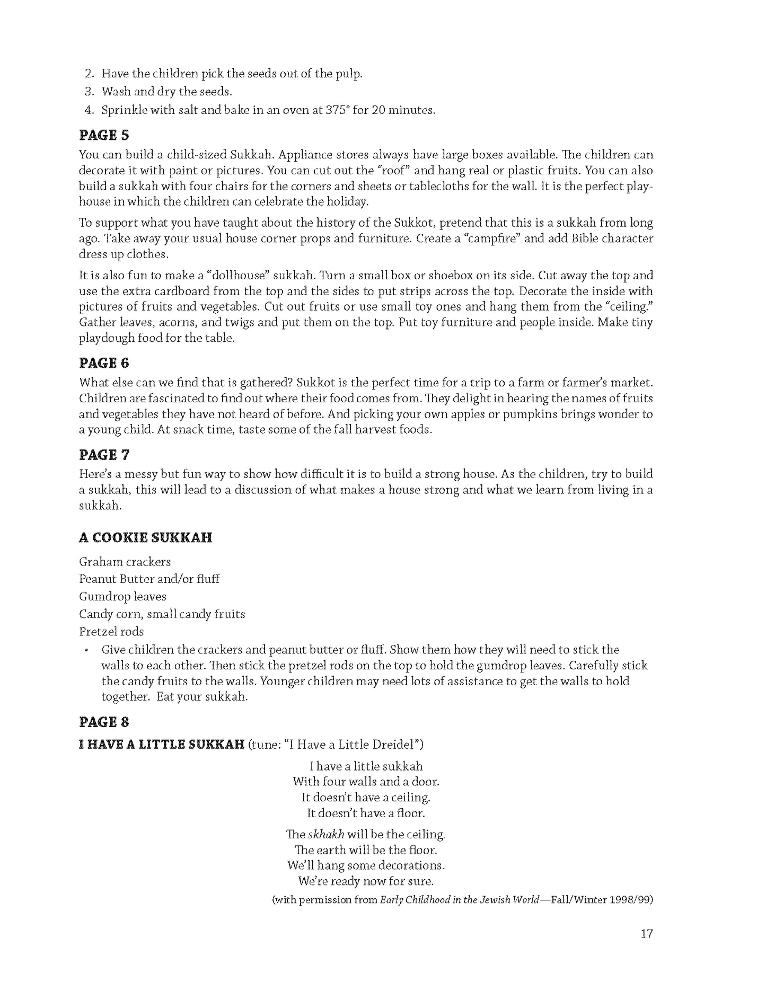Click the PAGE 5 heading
coord(104,136)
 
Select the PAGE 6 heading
coord(104,363)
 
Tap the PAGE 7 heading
coord(104,455)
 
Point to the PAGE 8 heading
coord(104,722)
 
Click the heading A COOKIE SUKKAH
coord(145,537)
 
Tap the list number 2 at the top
coord(89,74)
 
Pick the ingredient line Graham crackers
coord(125,562)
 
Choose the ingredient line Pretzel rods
coord(111,632)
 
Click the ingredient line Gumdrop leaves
coord(122,597)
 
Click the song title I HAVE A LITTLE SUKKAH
coord(161,745)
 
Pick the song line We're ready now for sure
coord(366,882)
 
